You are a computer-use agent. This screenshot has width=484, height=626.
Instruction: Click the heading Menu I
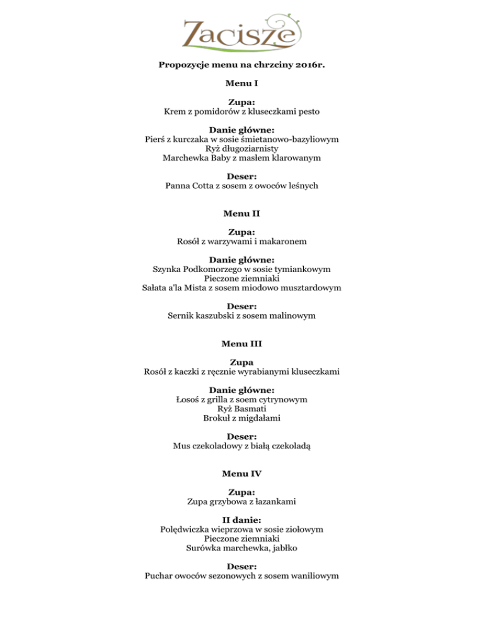click(242, 83)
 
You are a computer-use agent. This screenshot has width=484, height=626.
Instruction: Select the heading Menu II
click(242, 213)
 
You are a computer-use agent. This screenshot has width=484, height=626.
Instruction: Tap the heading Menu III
click(242, 344)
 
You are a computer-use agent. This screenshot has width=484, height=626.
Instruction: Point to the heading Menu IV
click(242, 473)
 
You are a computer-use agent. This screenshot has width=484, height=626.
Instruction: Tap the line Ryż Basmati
click(242, 409)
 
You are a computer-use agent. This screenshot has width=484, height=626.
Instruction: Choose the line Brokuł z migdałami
click(242, 418)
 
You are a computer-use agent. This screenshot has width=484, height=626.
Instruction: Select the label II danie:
click(242, 521)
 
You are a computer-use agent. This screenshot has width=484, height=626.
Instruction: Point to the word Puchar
click(161, 576)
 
